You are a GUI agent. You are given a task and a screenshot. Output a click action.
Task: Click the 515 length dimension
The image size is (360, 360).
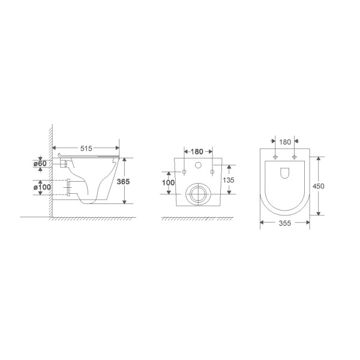(86, 149)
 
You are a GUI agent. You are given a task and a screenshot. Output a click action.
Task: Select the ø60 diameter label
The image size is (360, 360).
(40, 164)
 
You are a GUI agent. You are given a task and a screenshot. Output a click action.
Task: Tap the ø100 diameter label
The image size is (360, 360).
(42, 187)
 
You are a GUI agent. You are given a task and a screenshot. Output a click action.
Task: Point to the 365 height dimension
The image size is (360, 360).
(123, 182)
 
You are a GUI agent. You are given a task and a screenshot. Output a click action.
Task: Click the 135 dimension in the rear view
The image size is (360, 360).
(229, 180)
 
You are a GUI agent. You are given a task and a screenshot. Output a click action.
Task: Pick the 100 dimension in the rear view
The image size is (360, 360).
(168, 183)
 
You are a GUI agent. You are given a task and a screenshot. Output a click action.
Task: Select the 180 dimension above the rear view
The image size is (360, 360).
(197, 152)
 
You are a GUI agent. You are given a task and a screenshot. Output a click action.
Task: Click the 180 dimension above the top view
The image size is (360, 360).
(285, 142)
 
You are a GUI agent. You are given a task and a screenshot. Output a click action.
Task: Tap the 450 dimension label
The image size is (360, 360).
(319, 186)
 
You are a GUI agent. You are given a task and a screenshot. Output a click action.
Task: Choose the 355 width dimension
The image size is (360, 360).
(285, 223)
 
